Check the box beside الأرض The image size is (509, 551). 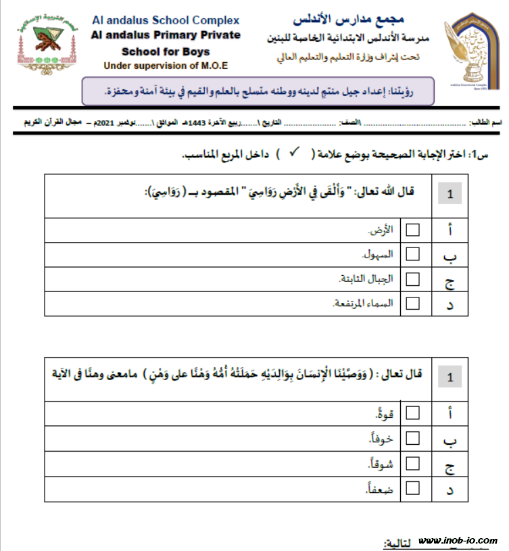(412, 231)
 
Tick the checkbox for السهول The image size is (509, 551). (412, 255)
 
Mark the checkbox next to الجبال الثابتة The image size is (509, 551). (412, 279)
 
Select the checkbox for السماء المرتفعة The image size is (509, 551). (412, 303)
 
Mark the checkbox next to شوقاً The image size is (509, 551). (412, 464)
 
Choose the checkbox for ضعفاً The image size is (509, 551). (412, 488)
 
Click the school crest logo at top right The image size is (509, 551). (475, 46)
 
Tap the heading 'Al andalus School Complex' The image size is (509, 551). (165, 20)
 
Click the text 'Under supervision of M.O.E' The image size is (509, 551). (165, 66)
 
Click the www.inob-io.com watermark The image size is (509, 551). (458, 541)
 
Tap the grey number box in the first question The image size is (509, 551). (450, 195)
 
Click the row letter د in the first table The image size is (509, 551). (450, 304)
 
